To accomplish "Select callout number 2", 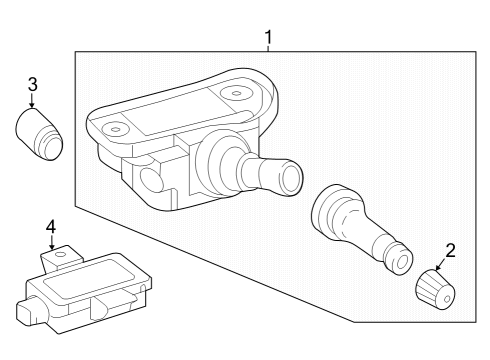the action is point(450,251).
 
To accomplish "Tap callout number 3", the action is point(32,84).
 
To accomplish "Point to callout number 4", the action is point(51,227).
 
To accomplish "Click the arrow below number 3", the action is point(32,100).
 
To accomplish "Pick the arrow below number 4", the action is point(52,243).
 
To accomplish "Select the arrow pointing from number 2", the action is point(441,265).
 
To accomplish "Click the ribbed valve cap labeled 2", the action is point(435,289).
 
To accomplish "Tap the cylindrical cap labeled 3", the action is point(39,134).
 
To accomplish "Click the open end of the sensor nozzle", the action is point(291,177).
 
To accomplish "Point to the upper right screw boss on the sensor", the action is point(236,93).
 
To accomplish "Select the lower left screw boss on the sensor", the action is point(115,129).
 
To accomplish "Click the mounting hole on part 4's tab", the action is point(61,255).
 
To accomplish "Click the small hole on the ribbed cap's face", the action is point(447,299).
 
